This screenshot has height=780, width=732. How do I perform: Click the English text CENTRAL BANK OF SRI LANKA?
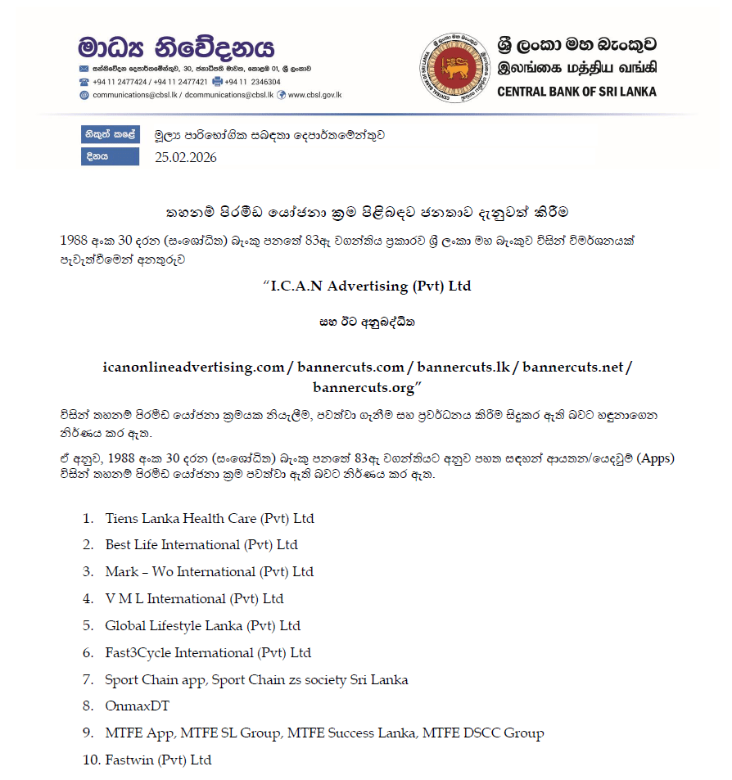576,92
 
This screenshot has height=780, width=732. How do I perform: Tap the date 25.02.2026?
186,157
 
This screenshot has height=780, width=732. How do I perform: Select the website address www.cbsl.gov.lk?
314,95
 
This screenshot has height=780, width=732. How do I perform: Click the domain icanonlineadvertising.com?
193,367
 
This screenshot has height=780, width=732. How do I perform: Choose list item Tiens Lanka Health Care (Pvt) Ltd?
210,518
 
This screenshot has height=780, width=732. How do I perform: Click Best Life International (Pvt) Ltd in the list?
201,544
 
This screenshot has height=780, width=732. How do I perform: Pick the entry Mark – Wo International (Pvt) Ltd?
210,571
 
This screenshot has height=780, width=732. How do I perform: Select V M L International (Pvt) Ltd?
194,598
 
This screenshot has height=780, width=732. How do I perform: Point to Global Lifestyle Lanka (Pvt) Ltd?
203,625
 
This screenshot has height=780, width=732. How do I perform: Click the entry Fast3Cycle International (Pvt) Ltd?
208,652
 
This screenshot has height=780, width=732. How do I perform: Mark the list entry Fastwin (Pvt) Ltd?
158,760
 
